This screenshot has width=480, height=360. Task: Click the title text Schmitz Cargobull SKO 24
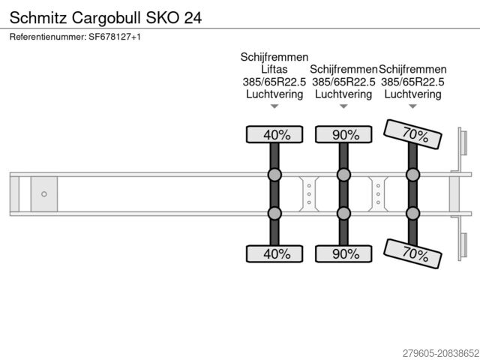[x=105, y=16]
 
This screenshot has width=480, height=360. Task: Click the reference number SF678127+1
[x=75, y=37]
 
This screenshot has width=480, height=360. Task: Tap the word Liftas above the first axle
[x=274, y=69]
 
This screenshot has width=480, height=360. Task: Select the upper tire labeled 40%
[x=274, y=135]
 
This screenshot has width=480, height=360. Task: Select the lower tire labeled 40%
[x=274, y=253]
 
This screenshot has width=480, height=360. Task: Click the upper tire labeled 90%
[x=343, y=135]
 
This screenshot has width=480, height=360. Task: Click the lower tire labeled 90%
[x=343, y=253]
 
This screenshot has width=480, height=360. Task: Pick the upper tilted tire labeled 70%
[x=412, y=134]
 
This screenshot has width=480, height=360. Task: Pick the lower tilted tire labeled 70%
[x=412, y=253]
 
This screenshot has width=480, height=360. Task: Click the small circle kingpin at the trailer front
[x=44, y=194]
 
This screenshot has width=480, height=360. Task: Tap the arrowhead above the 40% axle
[x=274, y=106]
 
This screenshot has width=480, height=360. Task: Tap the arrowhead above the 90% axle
[x=343, y=106]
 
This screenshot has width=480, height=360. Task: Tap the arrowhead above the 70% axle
[x=412, y=106]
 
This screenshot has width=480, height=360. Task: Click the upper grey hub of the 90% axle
[x=343, y=175]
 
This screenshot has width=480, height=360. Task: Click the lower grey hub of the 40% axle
[x=274, y=214]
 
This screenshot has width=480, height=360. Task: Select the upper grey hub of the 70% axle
[x=412, y=175]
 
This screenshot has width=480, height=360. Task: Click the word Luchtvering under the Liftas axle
[x=274, y=94]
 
